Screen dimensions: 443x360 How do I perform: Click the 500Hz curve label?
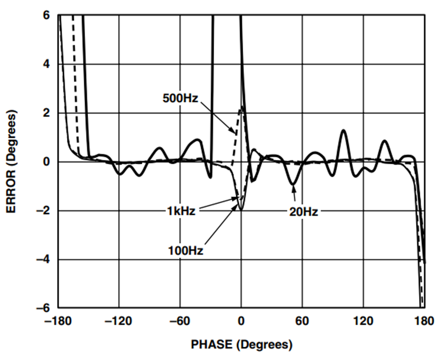[180, 98]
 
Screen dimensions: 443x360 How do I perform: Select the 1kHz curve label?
[181, 211]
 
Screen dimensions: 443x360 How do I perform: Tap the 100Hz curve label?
[186, 250]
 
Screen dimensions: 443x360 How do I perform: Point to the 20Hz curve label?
[304, 212]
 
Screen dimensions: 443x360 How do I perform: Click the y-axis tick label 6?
[46, 15]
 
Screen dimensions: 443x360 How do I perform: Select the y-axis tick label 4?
[46, 64]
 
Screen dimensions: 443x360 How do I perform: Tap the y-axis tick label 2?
[46, 113]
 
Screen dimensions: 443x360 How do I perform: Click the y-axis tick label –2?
[43, 210]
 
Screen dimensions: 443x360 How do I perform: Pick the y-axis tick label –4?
[43, 260]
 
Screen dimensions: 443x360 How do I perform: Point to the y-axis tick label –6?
[43, 308]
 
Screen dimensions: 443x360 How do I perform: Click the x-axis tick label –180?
[58, 321]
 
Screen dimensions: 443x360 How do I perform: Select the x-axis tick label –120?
[119, 321]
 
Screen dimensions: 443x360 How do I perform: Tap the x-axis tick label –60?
[180, 321]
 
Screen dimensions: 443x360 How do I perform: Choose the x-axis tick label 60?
[302, 321]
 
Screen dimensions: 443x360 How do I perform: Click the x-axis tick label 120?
[363, 321]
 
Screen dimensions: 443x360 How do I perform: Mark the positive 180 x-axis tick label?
[424, 321]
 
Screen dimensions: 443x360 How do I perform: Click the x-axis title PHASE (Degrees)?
[242, 345]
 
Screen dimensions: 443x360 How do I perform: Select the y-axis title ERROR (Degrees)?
[11, 161]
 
